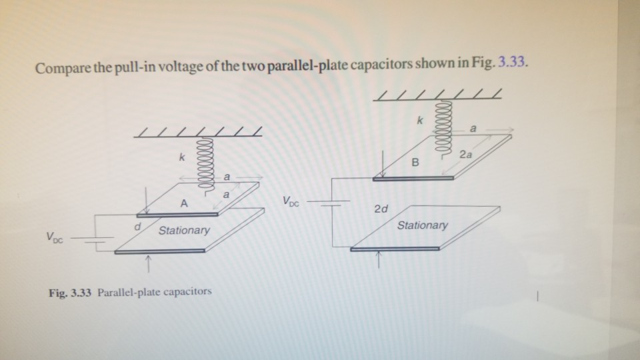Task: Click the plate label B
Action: click(416, 161)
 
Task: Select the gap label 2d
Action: click(381, 209)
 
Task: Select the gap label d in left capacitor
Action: click(137, 227)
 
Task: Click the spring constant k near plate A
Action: click(180, 159)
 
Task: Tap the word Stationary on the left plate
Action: click(184, 230)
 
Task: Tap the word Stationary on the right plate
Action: click(422, 225)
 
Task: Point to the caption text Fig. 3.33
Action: click(71, 292)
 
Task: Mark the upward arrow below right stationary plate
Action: click(378, 261)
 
